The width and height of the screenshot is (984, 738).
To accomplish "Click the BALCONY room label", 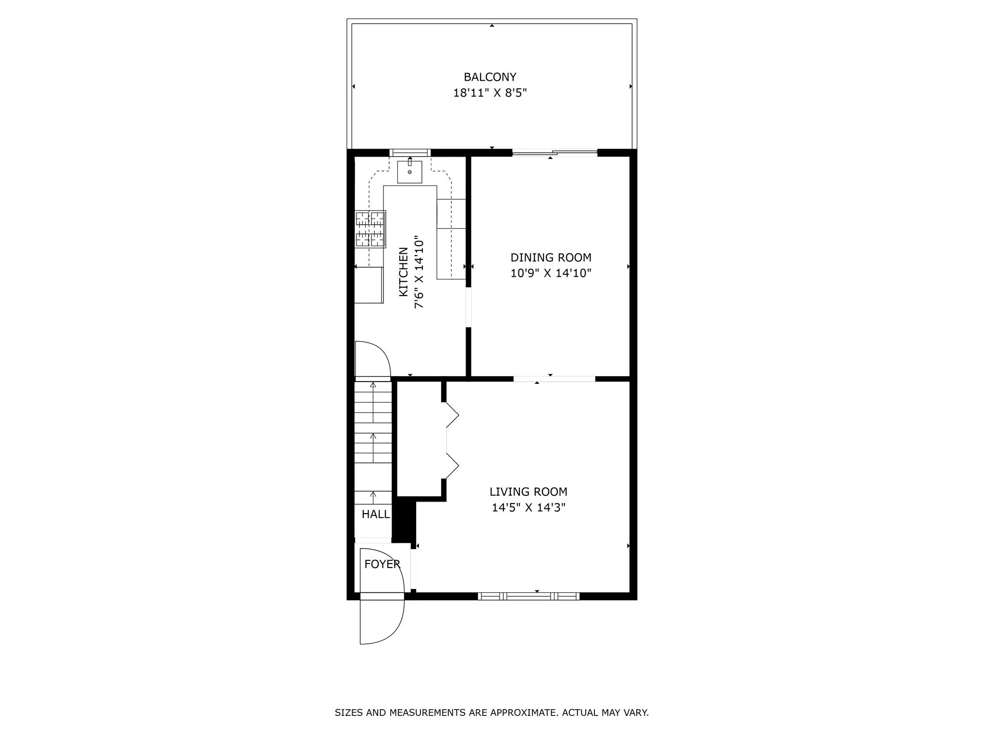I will coord(490,77).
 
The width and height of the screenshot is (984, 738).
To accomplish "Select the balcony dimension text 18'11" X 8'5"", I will coord(490,93).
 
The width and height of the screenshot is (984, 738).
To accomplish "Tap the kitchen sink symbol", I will coord(409,172).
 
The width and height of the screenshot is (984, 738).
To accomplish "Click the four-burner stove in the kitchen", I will coord(370,229).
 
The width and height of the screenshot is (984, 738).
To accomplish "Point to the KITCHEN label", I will coord(404,272).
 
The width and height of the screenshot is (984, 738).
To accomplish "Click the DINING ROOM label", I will coord(551,258).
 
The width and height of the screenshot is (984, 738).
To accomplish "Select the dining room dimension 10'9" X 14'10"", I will coord(551,273).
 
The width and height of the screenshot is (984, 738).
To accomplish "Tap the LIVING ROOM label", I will coord(528,492).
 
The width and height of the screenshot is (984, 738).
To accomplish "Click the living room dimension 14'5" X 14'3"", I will coord(528,508).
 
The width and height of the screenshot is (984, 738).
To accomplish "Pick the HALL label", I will coord(375,514).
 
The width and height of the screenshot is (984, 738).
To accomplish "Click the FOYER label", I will coord(382,564).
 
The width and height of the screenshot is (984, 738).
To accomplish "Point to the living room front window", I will coord(529,596).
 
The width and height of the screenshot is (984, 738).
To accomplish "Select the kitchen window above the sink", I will coord(409,153).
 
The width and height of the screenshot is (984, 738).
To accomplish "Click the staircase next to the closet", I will coord(373,442).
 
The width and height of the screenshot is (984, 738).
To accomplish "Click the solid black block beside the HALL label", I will coord(404,521).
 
